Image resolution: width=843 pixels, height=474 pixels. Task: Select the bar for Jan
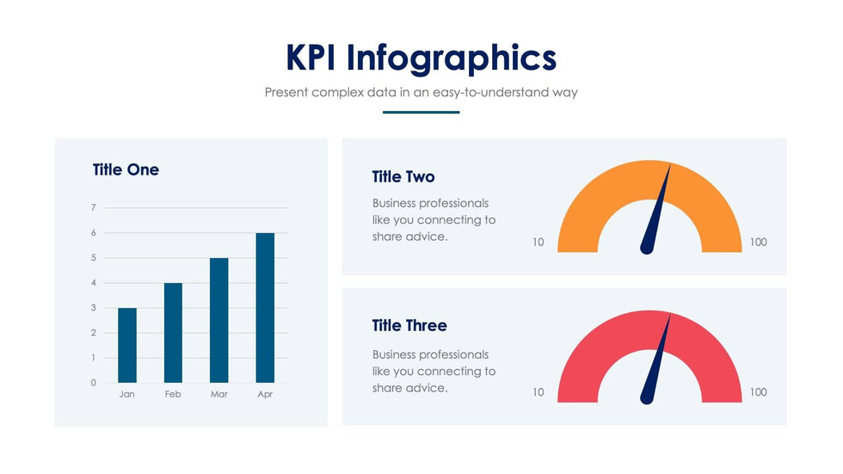[127, 345]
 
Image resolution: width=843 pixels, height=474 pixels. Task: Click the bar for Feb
[173, 333]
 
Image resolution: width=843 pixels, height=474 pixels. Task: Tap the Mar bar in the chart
[219, 320]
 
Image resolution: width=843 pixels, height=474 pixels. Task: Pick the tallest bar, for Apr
[265, 308]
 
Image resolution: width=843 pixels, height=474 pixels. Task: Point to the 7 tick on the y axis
[93, 207]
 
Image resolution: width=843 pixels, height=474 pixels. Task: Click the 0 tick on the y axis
[93, 383]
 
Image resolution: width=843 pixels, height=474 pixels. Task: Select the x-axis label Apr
[265, 394]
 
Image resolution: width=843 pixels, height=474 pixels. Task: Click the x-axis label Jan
[127, 394]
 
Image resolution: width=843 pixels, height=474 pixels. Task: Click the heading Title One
[126, 169]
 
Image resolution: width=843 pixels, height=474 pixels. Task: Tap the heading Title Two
[403, 176]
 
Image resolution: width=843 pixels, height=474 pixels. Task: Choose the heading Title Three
[409, 325]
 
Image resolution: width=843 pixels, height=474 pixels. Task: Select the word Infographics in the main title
[452, 58]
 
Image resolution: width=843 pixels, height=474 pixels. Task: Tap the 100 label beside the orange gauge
[758, 243]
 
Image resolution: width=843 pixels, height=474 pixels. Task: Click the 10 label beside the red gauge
[538, 392]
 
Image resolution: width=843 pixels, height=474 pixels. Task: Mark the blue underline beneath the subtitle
[421, 112]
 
